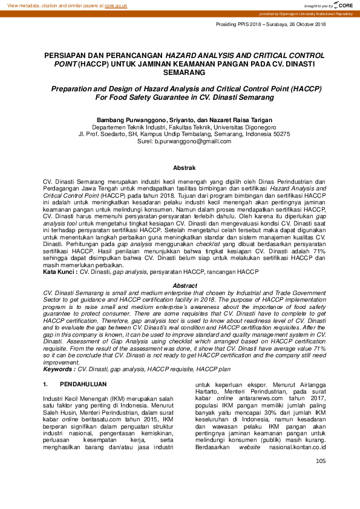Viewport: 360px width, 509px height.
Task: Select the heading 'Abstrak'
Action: [185, 167]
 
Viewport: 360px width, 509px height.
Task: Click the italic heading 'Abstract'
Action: [185, 285]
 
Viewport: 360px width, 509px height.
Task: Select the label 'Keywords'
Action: [59, 351]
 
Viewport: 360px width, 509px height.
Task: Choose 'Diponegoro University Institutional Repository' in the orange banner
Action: [313, 13]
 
